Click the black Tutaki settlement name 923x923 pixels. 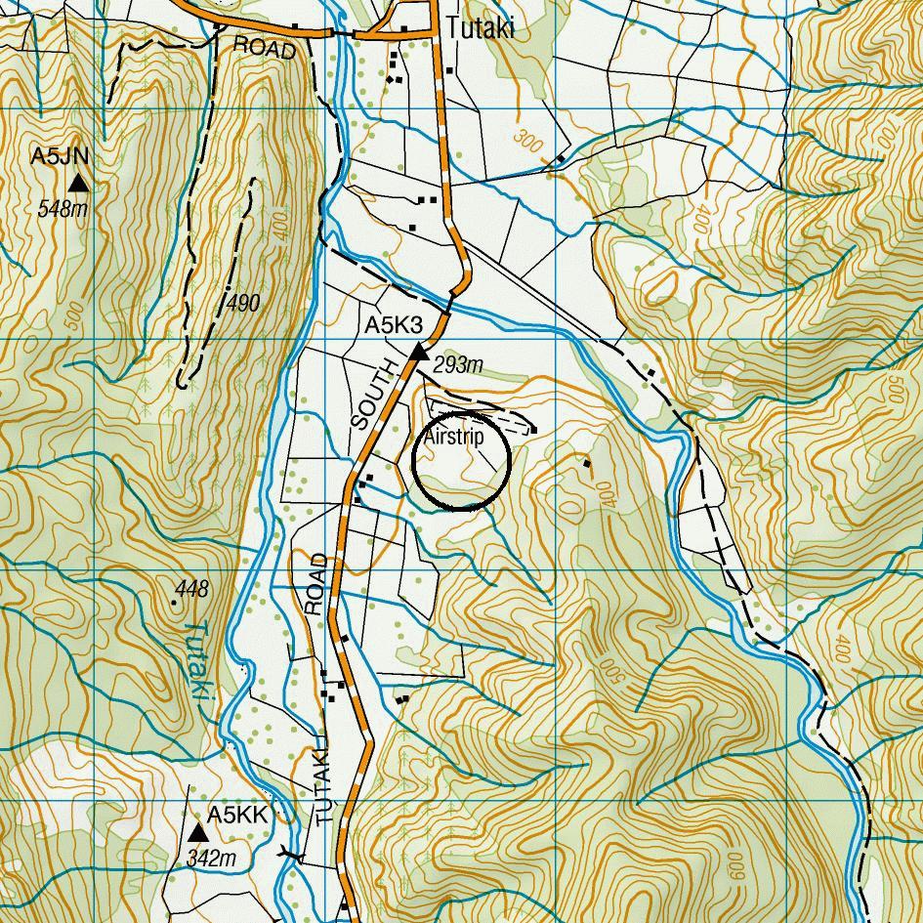[x=480, y=29]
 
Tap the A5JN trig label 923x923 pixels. [x=61, y=156]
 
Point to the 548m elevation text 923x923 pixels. [x=63, y=208]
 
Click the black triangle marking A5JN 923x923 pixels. [x=78, y=184]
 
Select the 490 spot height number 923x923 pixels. [x=242, y=304]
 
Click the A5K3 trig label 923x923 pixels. [x=393, y=326]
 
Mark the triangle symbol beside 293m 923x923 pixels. [x=419, y=351]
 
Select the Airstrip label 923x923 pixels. [x=453, y=438]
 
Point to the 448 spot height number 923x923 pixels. [x=192, y=589]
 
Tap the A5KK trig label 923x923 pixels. [x=236, y=815]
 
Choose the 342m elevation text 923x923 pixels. [x=211, y=859]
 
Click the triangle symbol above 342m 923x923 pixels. [x=198, y=833]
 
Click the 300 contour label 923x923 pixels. [x=530, y=141]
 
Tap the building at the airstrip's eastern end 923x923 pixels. [x=534, y=430]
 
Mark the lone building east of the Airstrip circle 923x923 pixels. [x=587, y=463]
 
